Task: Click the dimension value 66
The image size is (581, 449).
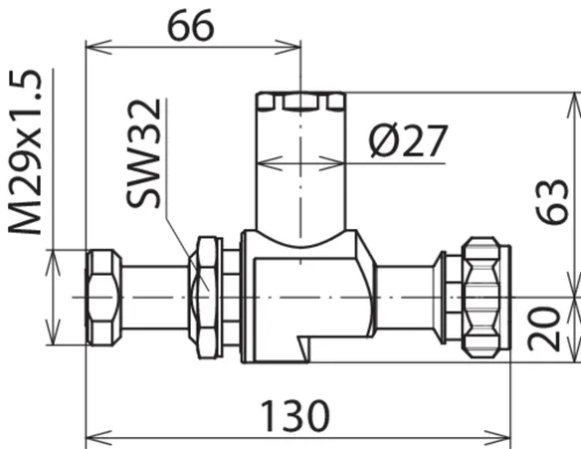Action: [191, 26]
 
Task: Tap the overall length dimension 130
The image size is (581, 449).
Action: [294, 416]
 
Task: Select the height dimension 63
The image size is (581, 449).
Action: [552, 201]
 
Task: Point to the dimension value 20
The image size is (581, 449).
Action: [544, 329]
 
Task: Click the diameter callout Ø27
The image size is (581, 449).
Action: [408, 140]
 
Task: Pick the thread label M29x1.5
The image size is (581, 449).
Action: [25, 152]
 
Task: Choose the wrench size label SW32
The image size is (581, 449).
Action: [143, 153]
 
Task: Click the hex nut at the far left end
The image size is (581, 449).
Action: [103, 298]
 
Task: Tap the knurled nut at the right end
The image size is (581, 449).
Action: [486, 298]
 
